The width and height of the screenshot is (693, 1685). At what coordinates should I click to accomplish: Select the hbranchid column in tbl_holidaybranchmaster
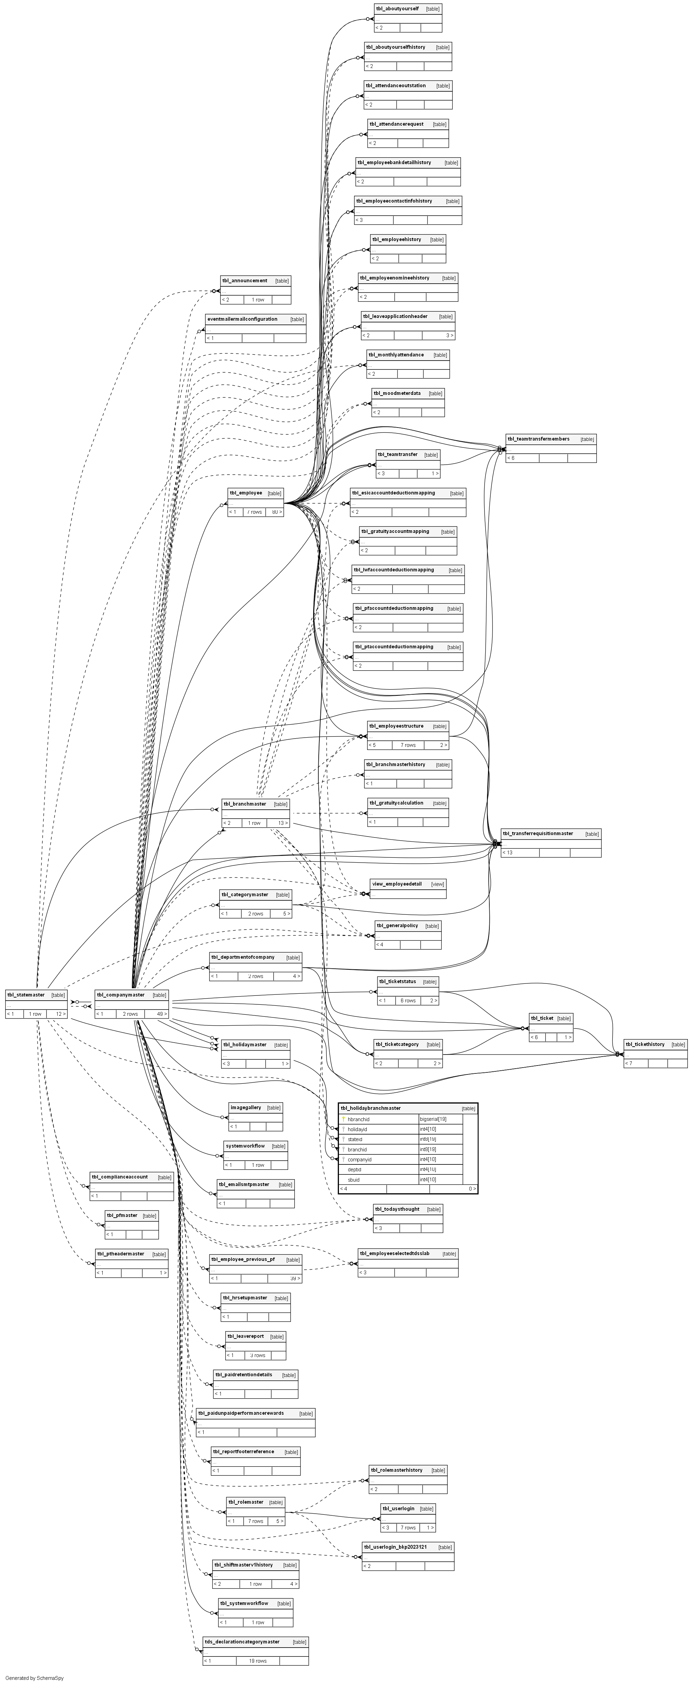point(359,1119)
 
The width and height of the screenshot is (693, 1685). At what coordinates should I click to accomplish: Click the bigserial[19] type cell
point(433,1119)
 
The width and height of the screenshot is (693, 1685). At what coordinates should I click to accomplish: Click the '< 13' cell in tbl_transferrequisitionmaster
point(508,852)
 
